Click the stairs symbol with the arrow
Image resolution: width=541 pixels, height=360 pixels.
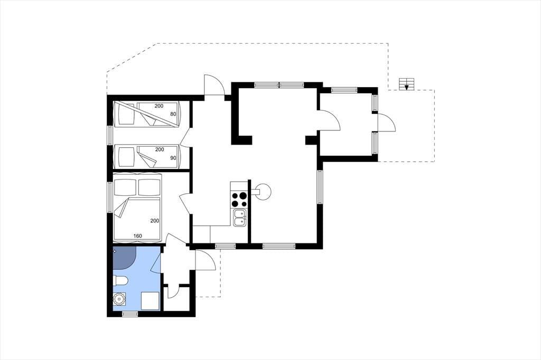click(406, 84)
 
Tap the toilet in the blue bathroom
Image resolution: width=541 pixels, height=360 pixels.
click(120, 281)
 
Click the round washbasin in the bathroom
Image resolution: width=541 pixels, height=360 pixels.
click(119, 299)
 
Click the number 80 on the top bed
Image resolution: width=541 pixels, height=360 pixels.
click(173, 114)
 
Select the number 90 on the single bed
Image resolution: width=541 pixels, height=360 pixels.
click(173, 158)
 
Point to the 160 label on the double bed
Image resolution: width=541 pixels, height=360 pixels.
click(138, 236)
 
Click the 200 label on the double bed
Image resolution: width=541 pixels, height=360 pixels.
click(155, 221)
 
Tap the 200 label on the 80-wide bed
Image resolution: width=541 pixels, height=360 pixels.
click(158, 106)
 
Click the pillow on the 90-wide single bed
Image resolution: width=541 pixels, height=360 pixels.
click(126, 157)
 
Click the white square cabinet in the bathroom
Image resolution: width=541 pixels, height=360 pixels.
click(150, 301)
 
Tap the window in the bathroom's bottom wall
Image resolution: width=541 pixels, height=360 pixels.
click(130, 314)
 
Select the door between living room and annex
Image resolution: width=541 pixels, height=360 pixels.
click(329, 120)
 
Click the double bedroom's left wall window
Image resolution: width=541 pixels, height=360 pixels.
click(110, 197)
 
